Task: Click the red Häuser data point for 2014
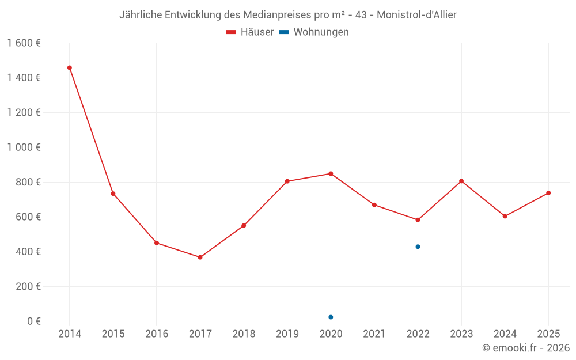70,68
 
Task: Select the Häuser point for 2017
200,257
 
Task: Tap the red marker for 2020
331,173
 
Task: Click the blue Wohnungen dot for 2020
331,317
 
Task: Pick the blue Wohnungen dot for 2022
418,247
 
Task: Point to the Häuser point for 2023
461,181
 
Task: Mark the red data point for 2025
548,193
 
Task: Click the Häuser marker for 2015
113,194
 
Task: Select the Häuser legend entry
250,32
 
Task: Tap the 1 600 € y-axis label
24,43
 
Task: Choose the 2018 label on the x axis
244,334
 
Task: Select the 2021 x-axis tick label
374,334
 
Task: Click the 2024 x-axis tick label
505,334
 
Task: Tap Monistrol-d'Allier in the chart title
417,15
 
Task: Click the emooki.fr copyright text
526,348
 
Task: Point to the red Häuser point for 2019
287,181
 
